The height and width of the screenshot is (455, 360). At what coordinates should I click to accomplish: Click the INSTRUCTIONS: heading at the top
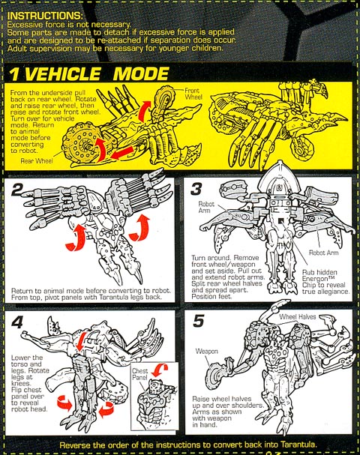point(45,16)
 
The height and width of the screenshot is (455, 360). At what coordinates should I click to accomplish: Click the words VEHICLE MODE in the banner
point(97,74)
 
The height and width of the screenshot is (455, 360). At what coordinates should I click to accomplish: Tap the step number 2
point(17,190)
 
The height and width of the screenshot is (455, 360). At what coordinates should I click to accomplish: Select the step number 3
point(196,188)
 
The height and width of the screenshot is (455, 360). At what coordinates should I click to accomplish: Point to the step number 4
point(17,322)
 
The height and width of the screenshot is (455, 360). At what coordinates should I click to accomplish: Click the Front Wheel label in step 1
point(193,94)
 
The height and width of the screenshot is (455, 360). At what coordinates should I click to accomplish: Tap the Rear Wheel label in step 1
point(37,160)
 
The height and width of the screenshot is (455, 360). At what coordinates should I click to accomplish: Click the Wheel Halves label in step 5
point(298,316)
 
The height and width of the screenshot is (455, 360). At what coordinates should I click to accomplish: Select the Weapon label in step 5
point(206,351)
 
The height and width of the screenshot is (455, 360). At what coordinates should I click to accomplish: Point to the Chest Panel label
point(140,374)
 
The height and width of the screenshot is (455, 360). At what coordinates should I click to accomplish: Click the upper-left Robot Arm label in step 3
point(206,207)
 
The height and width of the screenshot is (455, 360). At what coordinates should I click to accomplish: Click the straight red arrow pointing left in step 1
point(122,153)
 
